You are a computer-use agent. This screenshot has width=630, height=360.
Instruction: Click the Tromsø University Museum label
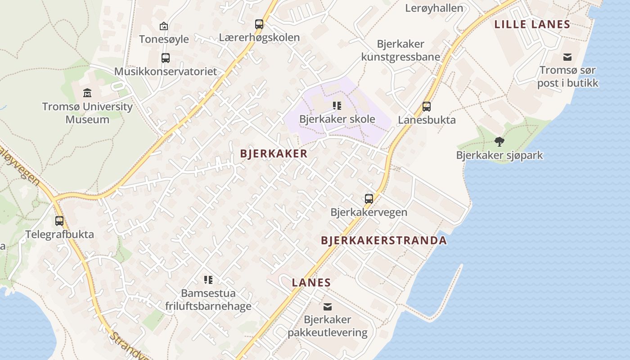click(87, 113)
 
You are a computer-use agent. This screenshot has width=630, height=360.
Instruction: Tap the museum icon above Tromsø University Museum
click(87, 93)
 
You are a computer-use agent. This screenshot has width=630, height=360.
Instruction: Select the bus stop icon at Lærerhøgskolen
click(259, 24)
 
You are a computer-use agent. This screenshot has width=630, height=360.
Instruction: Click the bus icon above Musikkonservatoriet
click(166, 58)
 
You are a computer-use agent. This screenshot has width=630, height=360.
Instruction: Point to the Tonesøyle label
click(164, 39)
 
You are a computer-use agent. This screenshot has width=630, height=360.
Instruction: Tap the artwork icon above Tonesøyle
click(164, 26)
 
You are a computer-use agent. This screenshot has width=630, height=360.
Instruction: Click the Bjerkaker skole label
click(337, 119)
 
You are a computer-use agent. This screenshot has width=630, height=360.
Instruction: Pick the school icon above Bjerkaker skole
click(337, 106)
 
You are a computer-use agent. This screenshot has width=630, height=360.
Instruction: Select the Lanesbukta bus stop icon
click(427, 107)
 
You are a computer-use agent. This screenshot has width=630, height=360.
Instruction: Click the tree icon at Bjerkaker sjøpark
click(499, 142)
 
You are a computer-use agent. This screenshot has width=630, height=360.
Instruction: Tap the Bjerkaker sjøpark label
click(499, 156)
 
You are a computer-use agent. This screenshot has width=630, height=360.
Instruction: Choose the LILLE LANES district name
click(532, 24)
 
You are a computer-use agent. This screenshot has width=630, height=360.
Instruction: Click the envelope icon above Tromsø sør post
click(567, 57)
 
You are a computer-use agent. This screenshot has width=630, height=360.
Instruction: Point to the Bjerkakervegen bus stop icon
click(369, 199)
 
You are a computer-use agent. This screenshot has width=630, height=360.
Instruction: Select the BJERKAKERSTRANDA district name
click(384, 240)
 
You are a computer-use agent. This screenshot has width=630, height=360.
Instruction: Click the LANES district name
click(311, 283)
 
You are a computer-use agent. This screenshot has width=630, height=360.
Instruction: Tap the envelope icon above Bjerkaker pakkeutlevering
click(328, 307)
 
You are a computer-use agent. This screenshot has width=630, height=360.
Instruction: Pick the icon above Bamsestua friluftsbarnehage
click(208, 280)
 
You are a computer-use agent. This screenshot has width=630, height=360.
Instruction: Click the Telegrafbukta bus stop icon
click(59, 221)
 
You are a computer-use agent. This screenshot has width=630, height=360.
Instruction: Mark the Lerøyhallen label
click(434, 8)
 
